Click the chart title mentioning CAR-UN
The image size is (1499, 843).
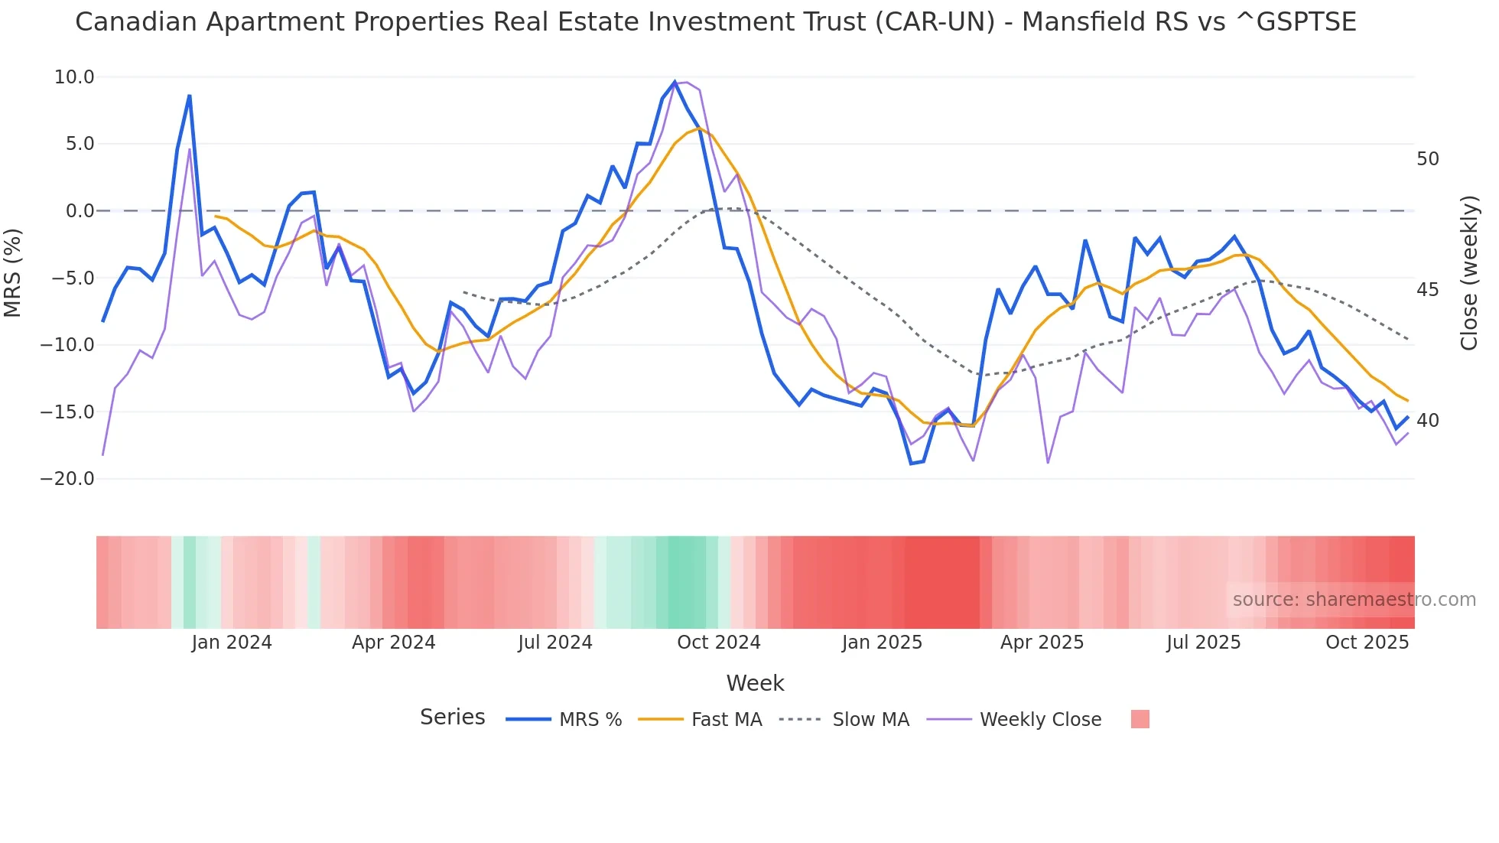click(x=715, y=22)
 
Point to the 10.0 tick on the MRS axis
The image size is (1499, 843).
click(x=74, y=77)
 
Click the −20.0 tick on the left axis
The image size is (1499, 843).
click(x=68, y=479)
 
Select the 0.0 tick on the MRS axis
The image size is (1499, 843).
click(x=80, y=211)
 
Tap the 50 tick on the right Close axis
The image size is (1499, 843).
click(x=1427, y=159)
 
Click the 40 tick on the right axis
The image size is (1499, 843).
click(x=1427, y=421)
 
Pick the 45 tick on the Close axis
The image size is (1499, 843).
click(x=1427, y=290)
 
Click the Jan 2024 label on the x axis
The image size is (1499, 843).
click(x=232, y=643)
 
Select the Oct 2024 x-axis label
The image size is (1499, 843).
click(x=718, y=643)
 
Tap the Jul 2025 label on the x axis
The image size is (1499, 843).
click(x=1203, y=643)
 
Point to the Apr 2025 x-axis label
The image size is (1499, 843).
click(x=1042, y=643)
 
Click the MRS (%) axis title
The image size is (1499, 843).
click(x=13, y=273)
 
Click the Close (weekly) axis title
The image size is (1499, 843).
click(x=1469, y=273)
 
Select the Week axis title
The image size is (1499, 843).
click(x=755, y=683)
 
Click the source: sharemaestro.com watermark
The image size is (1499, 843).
click(x=1354, y=600)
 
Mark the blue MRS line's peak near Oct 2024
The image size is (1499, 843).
click(x=675, y=82)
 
